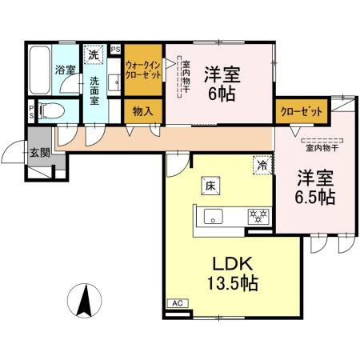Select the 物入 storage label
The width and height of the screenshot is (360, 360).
tap(144, 110)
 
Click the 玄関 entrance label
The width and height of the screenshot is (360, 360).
tap(37, 153)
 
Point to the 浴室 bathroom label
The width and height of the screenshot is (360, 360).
tap(65, 70)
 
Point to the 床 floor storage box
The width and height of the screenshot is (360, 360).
tap(210, 185)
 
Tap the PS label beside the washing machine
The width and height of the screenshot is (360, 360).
tap(114, 50)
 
